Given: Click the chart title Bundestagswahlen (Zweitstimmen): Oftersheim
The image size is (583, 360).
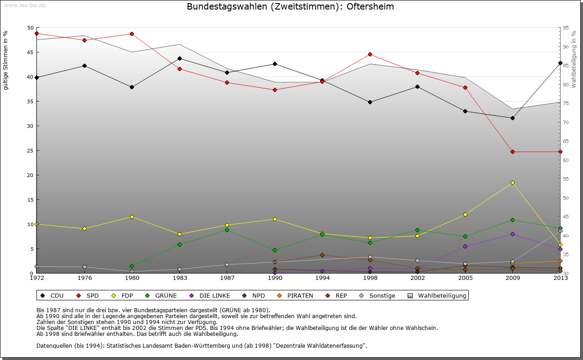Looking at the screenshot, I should click(x=290, y=7).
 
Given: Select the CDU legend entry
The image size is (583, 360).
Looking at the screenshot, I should click(x=52, y=295).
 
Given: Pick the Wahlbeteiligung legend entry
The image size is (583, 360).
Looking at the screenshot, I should click(x=437, y=295).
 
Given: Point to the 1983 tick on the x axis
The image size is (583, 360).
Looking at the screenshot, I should click(x=179, y=278).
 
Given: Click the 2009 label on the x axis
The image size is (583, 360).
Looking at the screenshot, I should click(x=513, y=278).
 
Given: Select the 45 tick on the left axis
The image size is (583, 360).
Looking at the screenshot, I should click(x=31, y=52).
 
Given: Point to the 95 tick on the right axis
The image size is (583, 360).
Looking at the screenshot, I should click(x=566, y=28).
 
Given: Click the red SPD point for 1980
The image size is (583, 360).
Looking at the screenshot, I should click(x=132, y=34).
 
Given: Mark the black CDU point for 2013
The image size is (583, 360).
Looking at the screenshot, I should click(x=560, y=63).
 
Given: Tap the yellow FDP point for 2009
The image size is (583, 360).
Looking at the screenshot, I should click(x=512, y=183).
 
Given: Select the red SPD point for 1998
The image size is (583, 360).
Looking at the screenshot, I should click(x=370, y=54).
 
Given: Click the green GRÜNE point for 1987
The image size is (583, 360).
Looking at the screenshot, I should click(x=227, y=230).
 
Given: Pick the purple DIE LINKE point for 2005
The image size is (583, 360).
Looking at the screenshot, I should click(x=465, y=246).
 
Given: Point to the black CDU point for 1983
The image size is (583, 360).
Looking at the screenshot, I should click(x=179, y=58).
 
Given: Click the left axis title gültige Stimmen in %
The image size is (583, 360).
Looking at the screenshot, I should click(x=6, y=60).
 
